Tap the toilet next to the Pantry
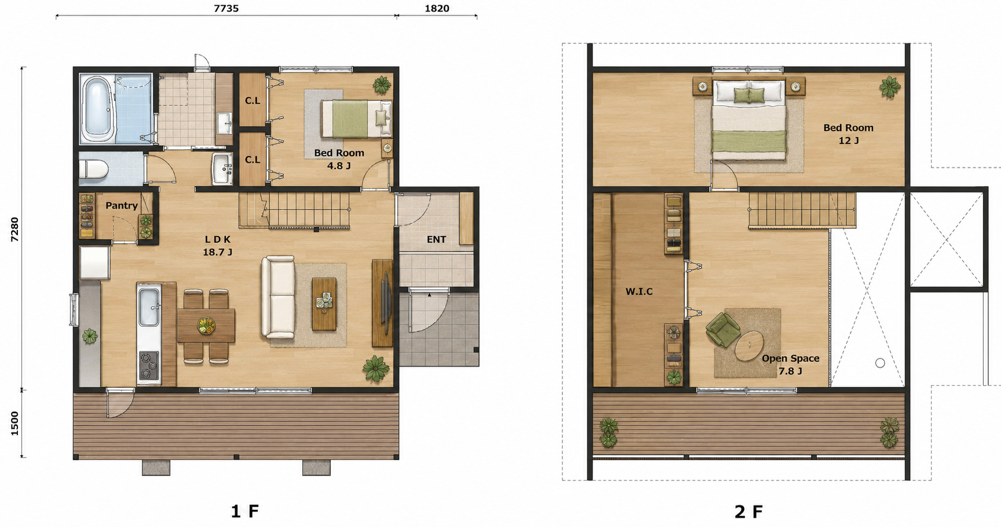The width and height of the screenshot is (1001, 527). (x=93, y=169)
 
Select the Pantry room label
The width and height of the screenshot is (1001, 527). (x=122, y=206)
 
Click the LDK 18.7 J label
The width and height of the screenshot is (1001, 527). (x=218, y=246)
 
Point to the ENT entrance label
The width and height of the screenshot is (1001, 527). (x=436, y=239)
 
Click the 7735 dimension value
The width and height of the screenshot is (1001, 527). (x=226, y=8)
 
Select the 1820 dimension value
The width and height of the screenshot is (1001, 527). (x=437, y=8)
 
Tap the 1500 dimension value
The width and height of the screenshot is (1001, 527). (x=15, y=423)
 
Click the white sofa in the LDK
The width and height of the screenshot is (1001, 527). (x=278, y=298)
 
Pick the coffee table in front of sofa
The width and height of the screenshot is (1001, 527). (x=324, y=304)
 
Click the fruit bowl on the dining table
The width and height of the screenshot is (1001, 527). (x=206, y=325)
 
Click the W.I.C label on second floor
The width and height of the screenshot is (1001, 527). (x=639, y=291)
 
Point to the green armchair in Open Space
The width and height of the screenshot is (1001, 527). (x=722, y=330)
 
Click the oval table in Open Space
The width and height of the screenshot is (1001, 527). (x=751, y=345)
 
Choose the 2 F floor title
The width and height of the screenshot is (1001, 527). (x=748, y=511)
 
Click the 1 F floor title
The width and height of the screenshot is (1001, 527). (x=244, y=511)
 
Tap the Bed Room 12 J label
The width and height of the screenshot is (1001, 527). (x=849, y=134)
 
